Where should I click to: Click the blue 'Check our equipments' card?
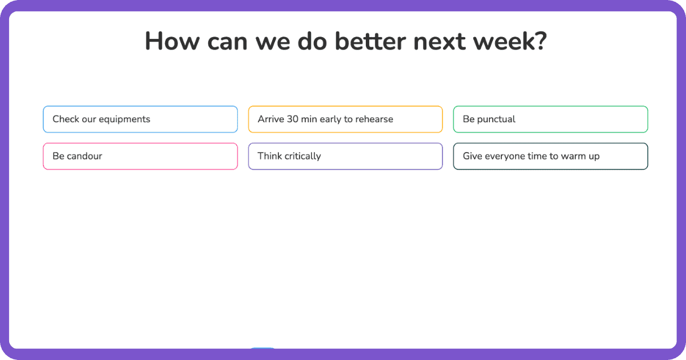point(140,119)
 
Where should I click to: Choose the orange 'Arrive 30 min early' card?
point(345,119)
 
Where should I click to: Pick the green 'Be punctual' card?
point(550,119)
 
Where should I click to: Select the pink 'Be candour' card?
point(140,156)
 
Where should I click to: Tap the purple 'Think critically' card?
point(345,156)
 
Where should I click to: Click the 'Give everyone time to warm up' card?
point(550,156)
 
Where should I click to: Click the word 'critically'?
point(301,156)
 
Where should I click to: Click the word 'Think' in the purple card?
point(269,156)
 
